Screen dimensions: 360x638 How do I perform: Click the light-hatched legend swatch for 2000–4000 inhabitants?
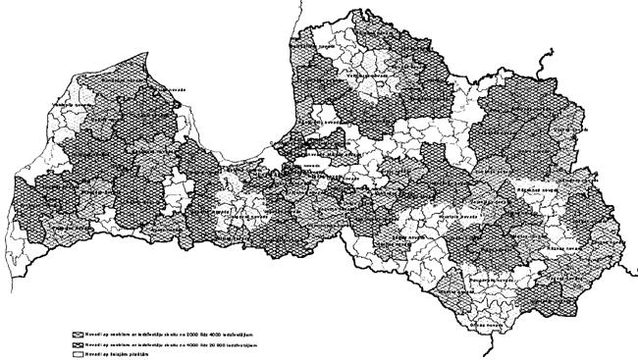(x=79, y=334)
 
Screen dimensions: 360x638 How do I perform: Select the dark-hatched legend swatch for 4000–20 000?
(x=79, y=344)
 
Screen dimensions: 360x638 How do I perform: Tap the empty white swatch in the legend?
(x=79, y=353)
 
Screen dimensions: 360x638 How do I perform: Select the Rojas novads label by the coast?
(x=173, y=88)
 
